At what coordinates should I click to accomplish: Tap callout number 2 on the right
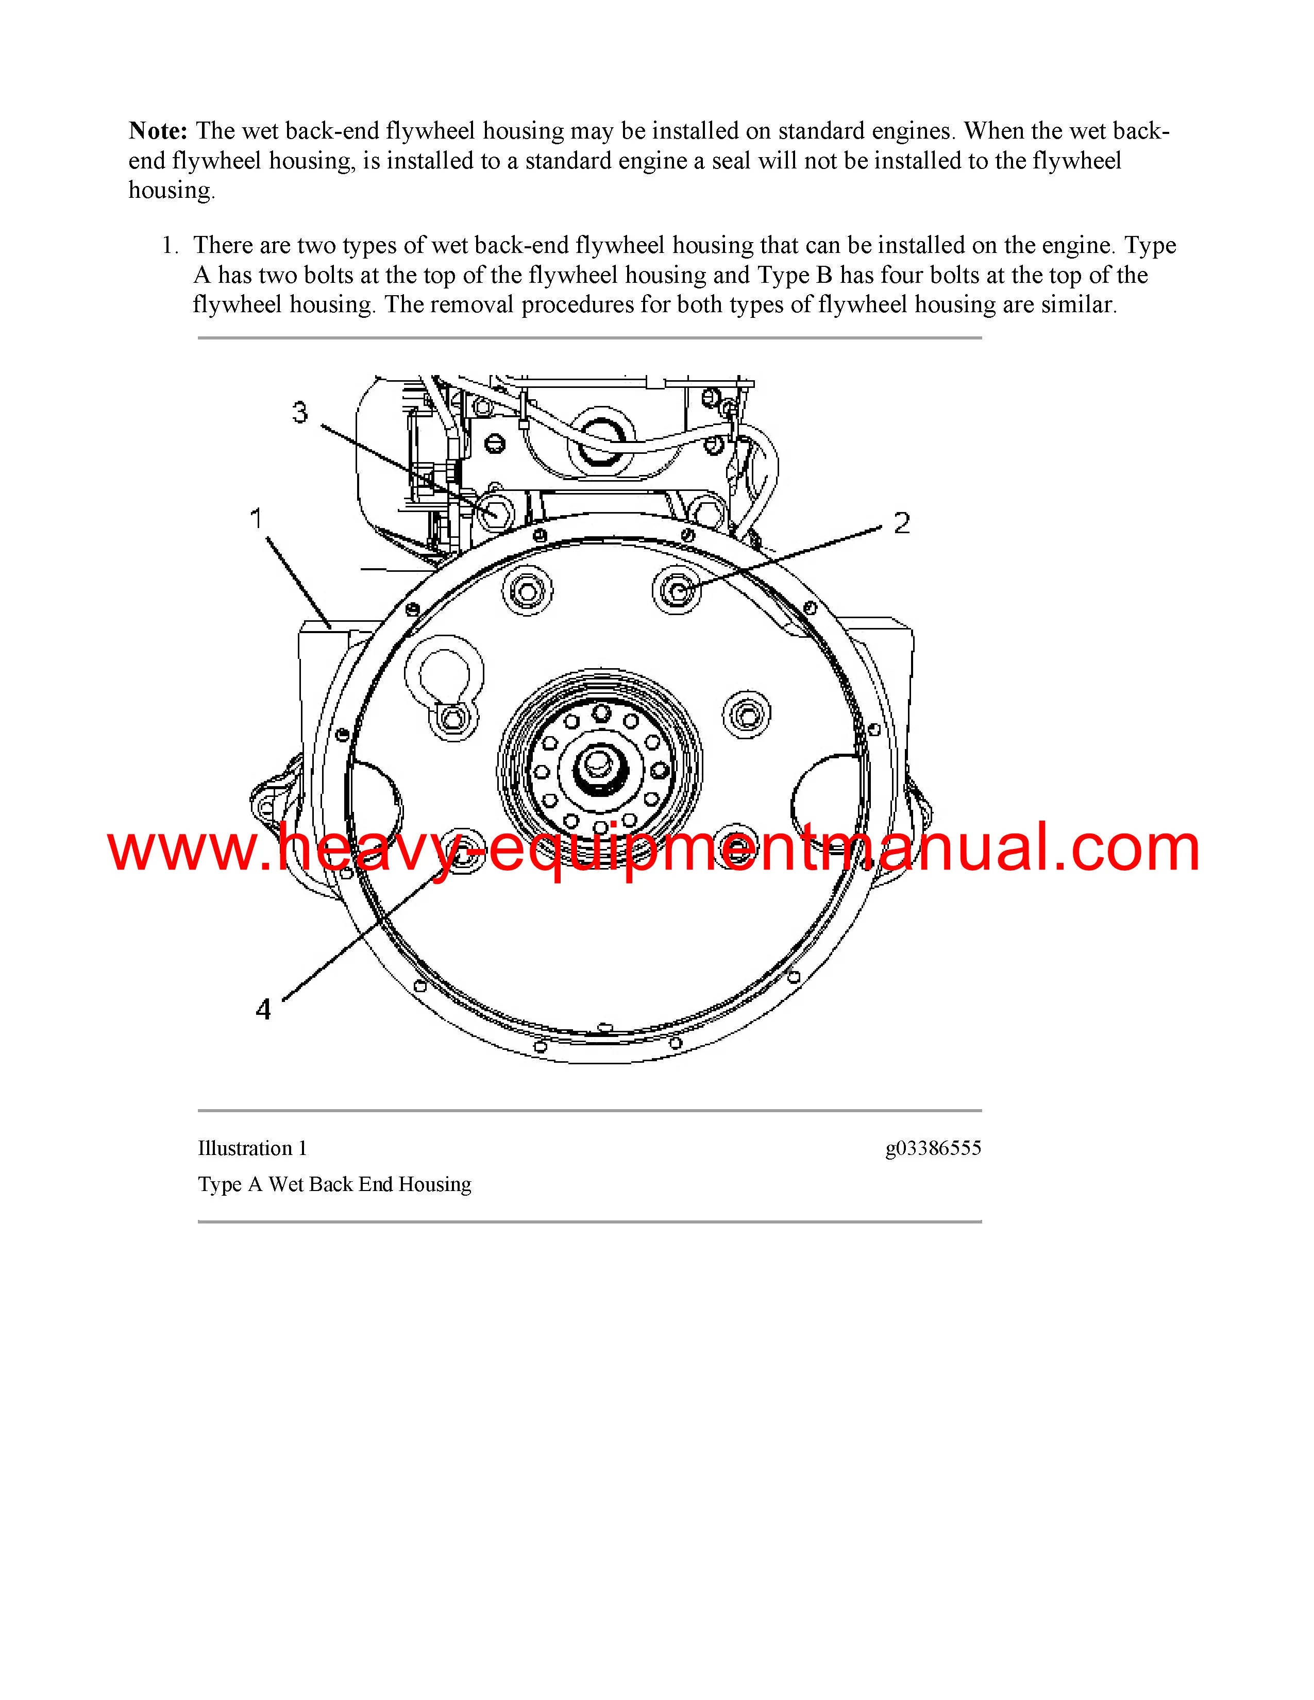(x=901, y=523)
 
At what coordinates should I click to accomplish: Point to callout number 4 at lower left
(x=263, y=1010)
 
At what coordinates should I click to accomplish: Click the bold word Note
(x=158, y=131)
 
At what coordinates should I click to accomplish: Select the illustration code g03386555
(x=933, y=1148)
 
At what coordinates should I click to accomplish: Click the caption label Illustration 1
(x=252, y=1148)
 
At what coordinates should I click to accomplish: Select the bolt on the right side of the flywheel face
(x=747, y=714)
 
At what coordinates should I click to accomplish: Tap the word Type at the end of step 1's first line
(x=1150, y=246)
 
